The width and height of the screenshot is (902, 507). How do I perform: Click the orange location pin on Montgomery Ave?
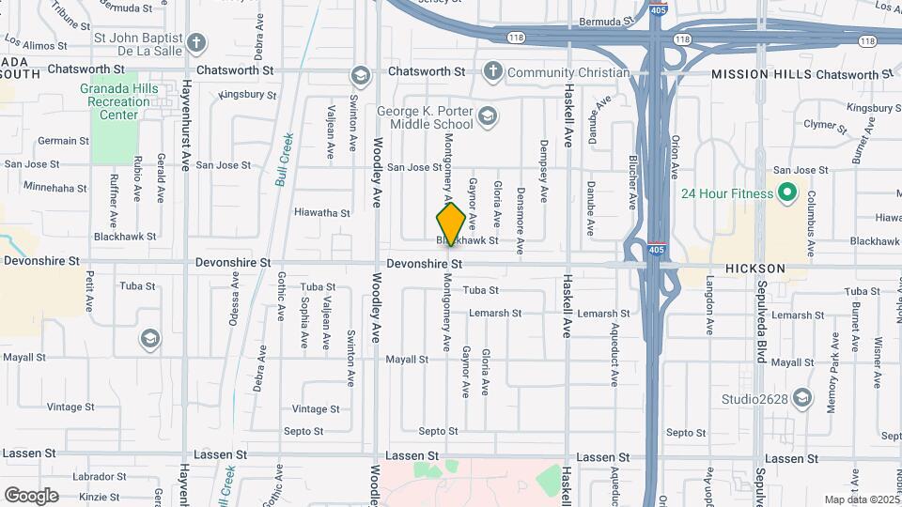[x=451, y=223]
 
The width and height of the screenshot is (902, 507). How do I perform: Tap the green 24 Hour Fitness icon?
[x=787, y=195]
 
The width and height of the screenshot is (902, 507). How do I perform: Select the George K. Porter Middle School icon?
[x=487, y=116]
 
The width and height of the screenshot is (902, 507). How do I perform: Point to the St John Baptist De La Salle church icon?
[x=196, y=42]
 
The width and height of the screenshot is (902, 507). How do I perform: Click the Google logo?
[x=31, y=495]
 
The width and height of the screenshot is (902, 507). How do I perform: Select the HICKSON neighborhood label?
[x=754, y=269]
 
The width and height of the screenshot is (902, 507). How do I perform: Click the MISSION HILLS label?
[x=761, y=73]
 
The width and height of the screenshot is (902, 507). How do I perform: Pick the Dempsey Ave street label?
[x=544, y=172]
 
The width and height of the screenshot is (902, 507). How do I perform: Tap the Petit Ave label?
[x=89, y=291]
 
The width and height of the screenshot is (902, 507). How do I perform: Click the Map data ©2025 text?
[x=861, y=499]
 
